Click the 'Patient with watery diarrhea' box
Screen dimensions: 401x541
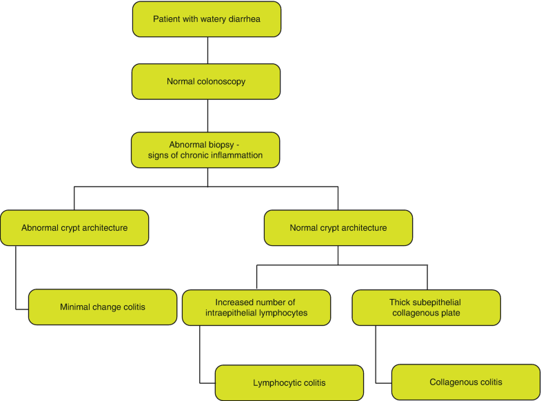(207, 19)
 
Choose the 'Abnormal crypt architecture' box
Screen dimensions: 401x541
(74, 228)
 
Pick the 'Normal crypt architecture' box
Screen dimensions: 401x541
(338, 228)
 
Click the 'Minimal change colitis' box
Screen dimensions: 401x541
(103, 307)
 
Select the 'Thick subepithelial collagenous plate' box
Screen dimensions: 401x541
(426, 307)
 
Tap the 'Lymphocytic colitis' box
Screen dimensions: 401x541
(289, 382)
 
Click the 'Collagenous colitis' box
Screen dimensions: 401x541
(466, 382)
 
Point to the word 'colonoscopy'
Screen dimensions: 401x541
(221, 81)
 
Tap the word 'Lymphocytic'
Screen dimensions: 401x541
(276, 382)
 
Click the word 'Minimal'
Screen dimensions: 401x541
(75, 307)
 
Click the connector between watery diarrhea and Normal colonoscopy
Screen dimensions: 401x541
(207, 50)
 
